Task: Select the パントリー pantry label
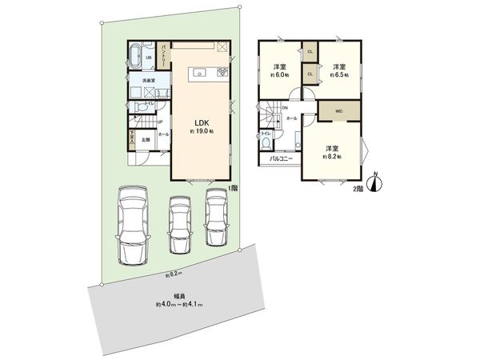tap(162, 58)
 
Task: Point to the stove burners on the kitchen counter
tap(218, 74)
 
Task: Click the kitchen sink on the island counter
tap(197, 74)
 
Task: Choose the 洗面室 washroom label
tap(149, 81)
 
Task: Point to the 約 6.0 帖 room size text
tap(280, 74)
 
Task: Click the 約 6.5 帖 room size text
tap(339, 75)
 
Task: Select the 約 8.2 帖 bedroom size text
tap(332, 156)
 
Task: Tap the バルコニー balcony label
tap(280, 159)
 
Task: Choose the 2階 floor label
tap(359, 190)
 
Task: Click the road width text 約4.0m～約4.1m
tap(179, 305)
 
